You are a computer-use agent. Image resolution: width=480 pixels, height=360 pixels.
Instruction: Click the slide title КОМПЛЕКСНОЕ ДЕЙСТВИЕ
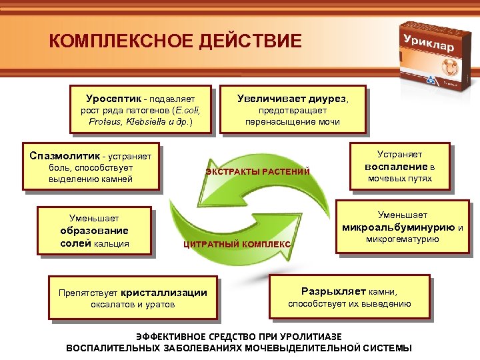[175, 41]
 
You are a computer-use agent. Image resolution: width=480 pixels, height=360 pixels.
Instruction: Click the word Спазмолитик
[63, 155]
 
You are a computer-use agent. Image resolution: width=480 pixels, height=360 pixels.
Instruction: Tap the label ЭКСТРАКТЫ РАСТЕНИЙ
[257, 172]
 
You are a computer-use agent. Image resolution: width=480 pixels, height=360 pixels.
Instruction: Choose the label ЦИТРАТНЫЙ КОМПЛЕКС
[237, 245]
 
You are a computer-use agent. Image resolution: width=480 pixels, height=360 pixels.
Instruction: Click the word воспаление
[395, 166]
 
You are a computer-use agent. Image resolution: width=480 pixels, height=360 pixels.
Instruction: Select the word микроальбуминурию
[399, 227]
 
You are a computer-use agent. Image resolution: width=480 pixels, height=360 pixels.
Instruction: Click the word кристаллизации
[165, 292]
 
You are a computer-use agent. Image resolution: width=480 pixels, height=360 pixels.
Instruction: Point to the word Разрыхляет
[334, 291]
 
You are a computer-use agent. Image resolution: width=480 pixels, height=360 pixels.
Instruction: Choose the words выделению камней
[91, 179]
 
